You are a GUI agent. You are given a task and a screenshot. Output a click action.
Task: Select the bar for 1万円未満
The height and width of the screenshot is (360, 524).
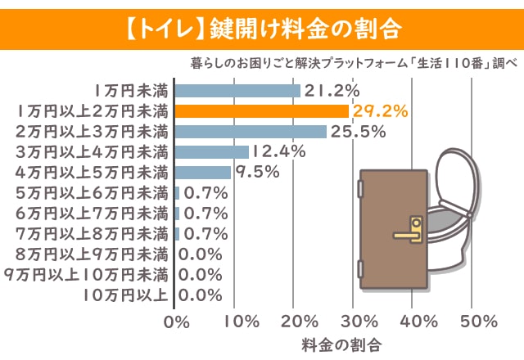[238, 91]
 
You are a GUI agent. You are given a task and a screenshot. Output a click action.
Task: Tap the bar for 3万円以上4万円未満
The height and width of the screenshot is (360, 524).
[212, 151]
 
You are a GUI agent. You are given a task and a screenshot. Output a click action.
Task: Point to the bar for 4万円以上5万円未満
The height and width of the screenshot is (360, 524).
[204, 172]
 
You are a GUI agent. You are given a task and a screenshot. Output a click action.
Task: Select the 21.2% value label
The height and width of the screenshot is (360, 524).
[332, 91]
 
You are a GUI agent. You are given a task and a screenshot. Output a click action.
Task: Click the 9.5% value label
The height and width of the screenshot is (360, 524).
[258, 172]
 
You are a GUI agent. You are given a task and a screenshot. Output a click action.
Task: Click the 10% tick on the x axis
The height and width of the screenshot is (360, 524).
[235, 319]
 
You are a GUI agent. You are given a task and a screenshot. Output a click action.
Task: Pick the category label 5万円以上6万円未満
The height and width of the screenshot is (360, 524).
[93, 193]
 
